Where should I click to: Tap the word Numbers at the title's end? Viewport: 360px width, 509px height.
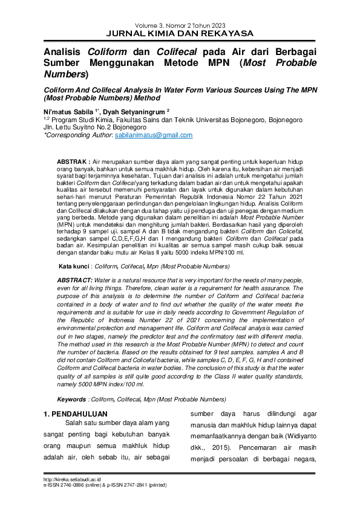pos(65,74)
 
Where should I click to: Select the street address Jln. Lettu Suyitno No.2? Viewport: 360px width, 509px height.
pos(77,128)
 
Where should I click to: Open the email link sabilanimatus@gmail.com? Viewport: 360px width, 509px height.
pos(154,135)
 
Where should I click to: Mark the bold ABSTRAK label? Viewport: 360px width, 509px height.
pos(72,163)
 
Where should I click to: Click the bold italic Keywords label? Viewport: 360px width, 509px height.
pos(71,400)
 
